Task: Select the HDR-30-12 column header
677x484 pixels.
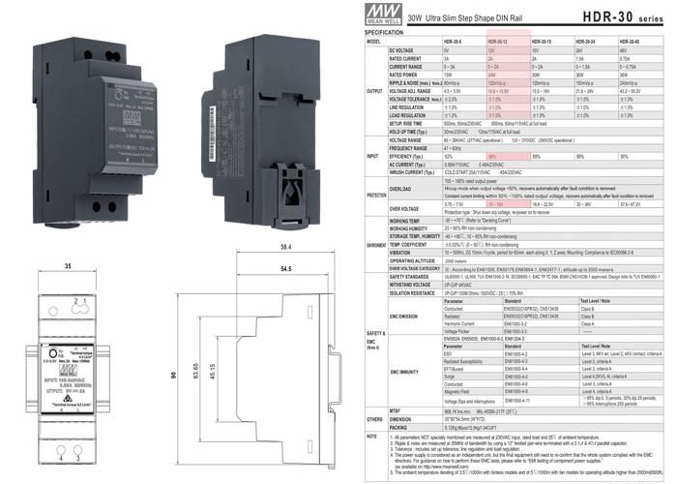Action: click(x=500, y=43)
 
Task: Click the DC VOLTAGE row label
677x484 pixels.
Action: click(x=406, y=49)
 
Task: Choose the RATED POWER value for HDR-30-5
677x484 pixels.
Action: click(x=450, y=74)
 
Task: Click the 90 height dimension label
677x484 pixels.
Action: click(x=9, y=376)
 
